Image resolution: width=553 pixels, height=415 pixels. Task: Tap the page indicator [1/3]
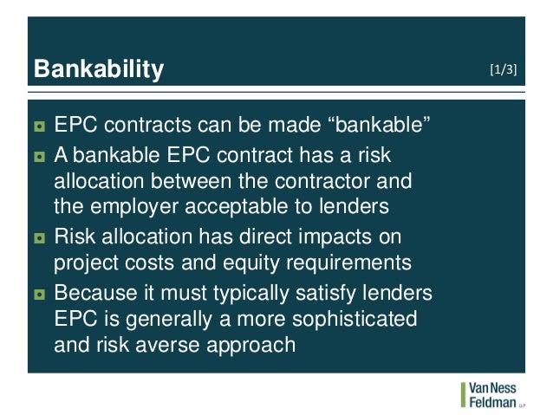coord(504,69)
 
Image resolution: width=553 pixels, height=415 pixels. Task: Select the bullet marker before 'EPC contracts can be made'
coord(39,128)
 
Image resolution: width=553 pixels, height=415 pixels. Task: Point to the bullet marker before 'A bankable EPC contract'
coord(39,158)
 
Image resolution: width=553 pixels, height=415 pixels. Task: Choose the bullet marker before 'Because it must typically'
coord(39,294)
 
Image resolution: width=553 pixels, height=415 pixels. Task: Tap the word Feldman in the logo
coord(492,401)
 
